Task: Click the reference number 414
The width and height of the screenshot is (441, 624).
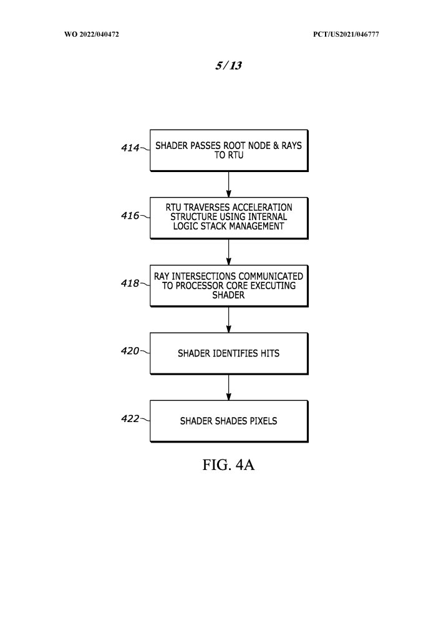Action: click(x=130, y=148)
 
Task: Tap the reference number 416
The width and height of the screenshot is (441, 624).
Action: click(x=130, y=216)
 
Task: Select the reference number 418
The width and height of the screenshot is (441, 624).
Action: click(x=130, y=283)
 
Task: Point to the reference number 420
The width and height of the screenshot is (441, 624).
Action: click(x=130, y=351)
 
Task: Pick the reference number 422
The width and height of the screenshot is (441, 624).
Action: click(x=130, y=418)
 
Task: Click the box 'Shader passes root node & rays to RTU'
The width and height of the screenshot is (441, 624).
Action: click(x=228, y=150)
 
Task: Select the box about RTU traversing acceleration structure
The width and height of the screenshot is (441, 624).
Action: click(x=228, y=218)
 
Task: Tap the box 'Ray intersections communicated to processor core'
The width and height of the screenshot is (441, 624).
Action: click(x=228, y=286)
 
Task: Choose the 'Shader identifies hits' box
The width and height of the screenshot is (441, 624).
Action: click(x=228, y=353)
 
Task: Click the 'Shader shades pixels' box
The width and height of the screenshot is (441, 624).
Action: click(x=228, y=421)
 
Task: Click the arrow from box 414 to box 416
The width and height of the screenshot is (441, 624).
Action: click(x=229, y=184)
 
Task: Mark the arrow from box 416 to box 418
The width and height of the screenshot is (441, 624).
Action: click(x=229, y=252)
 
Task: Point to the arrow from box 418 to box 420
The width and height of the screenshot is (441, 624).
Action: click(x=229, y=319)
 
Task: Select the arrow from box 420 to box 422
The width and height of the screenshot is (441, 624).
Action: click(x=229, y=387)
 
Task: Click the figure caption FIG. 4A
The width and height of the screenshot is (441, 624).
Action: click(x=228, y=466)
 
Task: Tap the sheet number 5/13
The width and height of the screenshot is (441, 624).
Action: click(x=228, y=66)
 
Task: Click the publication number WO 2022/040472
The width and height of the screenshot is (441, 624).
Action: click(x=92, y=34)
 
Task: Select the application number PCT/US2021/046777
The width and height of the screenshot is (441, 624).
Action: click(x=346, y=34)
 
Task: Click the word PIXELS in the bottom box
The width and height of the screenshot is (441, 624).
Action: click(x=263, y=421)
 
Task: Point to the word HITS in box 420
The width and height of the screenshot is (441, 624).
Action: click(x=268, y=353)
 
